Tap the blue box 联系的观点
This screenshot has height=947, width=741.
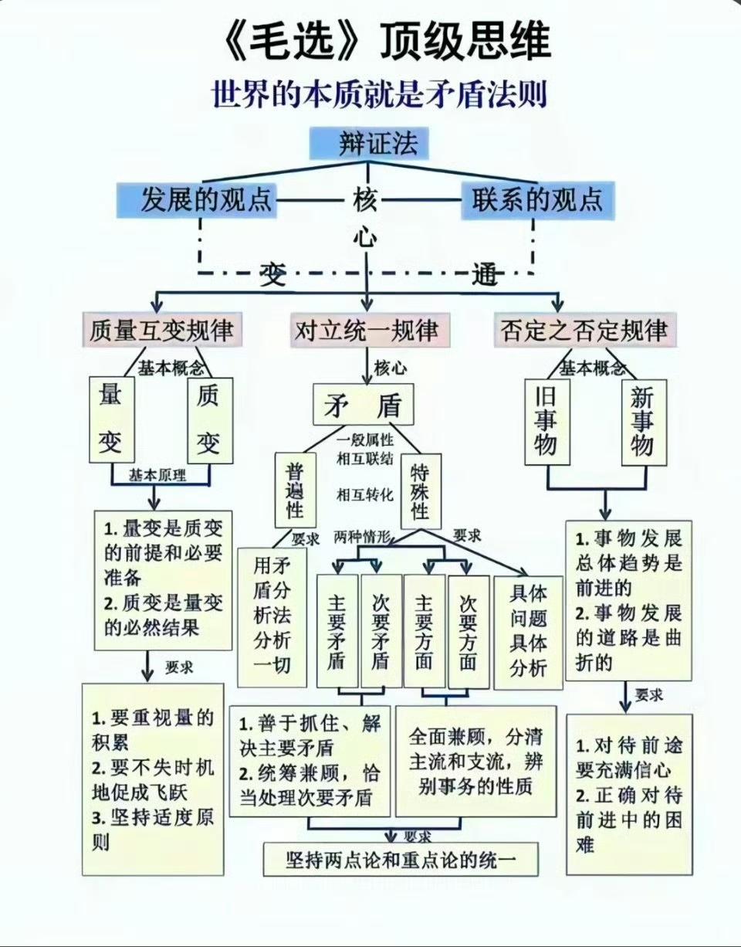537,200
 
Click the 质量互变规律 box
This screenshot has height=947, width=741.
161,331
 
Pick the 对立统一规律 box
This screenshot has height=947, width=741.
367,331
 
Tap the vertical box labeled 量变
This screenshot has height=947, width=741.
110,419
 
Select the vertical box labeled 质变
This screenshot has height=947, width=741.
208,419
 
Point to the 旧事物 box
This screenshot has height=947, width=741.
546,422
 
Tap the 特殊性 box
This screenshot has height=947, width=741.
421,490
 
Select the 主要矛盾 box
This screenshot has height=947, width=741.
337,630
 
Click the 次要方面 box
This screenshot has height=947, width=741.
468,630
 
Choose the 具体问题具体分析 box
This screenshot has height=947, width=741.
528,630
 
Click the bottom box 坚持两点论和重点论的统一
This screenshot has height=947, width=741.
401,858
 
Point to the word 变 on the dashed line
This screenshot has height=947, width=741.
272,273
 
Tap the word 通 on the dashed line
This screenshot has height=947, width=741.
486,273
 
